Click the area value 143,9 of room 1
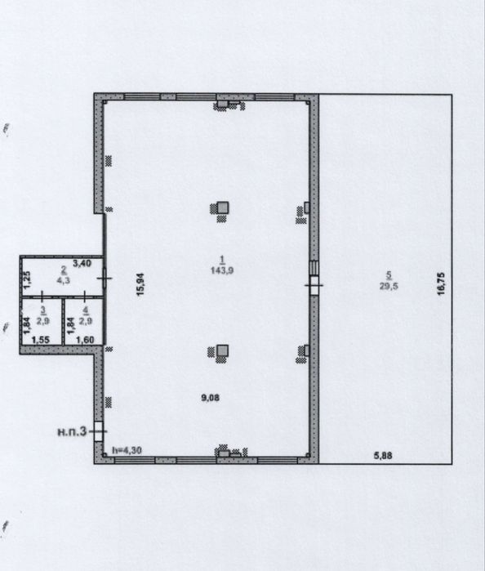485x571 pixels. (x=222, y=270)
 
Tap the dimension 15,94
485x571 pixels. (x=140, y=284)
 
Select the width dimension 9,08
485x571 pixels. (x=211, y=398)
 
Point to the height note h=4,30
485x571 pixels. (x=127, y=450)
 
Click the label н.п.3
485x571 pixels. (x=72, y=432)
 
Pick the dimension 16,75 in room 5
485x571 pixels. (x=441, y=284)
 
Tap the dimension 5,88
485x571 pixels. (x=383, y=455)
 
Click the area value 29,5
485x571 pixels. (x=389, y=286)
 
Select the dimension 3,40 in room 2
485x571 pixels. (x=82, y=263)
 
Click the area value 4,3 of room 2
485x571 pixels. (x=64, y=280)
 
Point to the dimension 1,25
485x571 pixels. (x=28, y=279)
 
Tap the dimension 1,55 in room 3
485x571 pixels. (x=41, y=340)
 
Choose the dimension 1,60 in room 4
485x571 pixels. (x=85, y=340)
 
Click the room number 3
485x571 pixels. (x=43, y=310)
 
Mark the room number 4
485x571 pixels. (x=86, y=310)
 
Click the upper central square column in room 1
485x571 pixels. (x=223, y=207)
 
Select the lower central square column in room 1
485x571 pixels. (x=222, y=350)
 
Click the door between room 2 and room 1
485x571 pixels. (x=105, y=279)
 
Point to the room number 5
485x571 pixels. (x=389, y=275)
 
